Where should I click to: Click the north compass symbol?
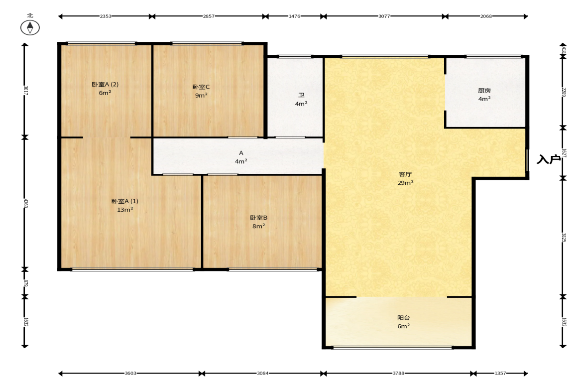click(30, 27)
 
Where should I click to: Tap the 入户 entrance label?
click(549, 159)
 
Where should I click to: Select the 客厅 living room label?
click(405, 174)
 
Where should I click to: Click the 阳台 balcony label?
click(404, 318)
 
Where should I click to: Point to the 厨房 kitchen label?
click(484, 91)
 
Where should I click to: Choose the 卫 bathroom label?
click(301, 95)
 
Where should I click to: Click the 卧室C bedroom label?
click(201, 87)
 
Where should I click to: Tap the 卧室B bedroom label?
click(258, 218)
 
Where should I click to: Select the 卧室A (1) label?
click(125, 201)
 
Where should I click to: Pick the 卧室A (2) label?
click(105, 85)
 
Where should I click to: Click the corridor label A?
click(241, 153)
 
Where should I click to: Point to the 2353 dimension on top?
click(106, 16)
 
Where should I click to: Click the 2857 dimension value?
click(209, 16)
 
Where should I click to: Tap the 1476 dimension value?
click(295, 16)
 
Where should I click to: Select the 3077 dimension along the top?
click(384, 16)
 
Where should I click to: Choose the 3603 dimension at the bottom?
click(130, 373)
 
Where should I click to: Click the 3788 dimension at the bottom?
click(398, 373)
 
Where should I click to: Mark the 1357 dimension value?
click(500, 373)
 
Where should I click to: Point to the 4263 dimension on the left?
click(25, 203)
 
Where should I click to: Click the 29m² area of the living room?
click(405, 183)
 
